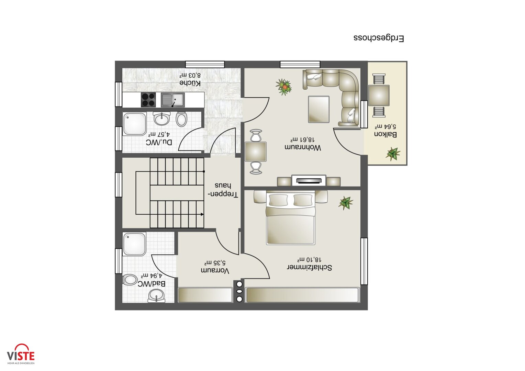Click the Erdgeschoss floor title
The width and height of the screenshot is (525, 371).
379,38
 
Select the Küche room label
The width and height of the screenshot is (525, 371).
190,83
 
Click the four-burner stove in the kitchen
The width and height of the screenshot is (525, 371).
148,100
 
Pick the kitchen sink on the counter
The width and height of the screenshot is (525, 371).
173,100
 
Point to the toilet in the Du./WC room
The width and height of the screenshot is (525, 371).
181,119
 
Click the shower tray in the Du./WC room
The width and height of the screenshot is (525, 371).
134,124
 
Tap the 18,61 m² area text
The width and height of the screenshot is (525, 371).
302,140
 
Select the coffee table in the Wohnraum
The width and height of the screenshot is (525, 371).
319,109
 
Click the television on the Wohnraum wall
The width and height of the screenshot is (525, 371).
309,181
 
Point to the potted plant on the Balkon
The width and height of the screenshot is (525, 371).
393,154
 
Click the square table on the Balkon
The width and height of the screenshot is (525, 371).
379,96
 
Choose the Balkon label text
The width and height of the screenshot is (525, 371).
385,135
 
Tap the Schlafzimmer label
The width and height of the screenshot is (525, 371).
309,268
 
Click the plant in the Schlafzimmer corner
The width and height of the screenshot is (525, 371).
346,203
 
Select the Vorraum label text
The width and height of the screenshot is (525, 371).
215,270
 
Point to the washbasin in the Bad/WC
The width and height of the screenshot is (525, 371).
156,295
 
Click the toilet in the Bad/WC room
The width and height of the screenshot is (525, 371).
130,280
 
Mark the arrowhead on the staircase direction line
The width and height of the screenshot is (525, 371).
202,214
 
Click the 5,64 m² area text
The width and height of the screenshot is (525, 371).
386,126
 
